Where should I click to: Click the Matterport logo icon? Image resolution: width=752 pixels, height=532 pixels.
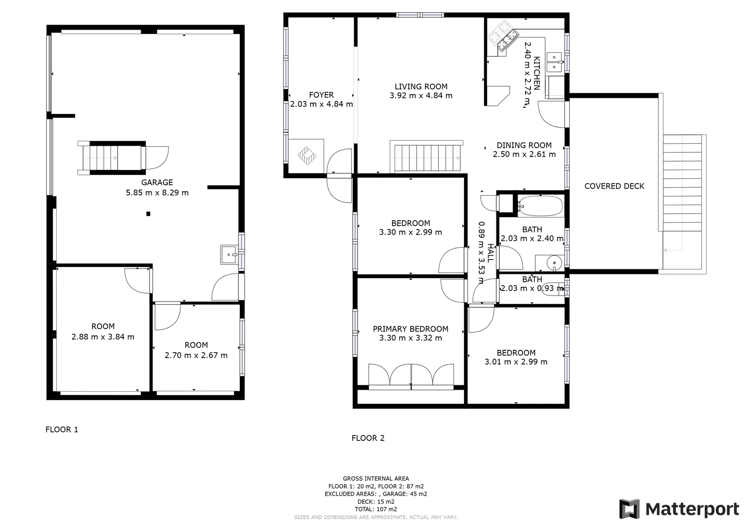click(x=629, y=509)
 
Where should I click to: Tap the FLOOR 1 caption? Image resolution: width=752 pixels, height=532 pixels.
click(x=62, y=430)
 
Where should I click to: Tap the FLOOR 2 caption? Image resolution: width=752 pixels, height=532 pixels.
click(x=368, y=438)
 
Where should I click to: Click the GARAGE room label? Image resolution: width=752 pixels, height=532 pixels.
click(x=157, y=182)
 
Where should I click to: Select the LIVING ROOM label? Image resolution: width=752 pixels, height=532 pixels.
click(x=421, y=87)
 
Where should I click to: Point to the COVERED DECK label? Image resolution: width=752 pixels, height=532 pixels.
click(x=614, y=186)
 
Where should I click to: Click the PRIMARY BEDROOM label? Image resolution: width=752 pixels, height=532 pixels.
click(x=410, y=329)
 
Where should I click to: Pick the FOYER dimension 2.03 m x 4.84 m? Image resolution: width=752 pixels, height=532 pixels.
click(x=322, y=104)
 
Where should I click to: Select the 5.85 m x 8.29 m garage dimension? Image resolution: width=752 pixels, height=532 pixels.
click(x=157, y=193)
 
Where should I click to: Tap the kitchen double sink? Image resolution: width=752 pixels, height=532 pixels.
click(x=555, y=61)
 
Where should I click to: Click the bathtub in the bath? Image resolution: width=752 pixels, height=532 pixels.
click(x=540, y=206)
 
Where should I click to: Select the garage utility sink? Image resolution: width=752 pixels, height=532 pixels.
click(x=229, y=255)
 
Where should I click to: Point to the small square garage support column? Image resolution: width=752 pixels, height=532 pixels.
click(x=148, y=214)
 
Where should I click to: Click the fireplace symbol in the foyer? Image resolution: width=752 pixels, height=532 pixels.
click(x=306, y=156)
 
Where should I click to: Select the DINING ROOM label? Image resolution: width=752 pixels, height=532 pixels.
click(x=524, y=145)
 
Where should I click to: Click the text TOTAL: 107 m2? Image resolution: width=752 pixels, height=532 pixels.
click(x=376, y=509)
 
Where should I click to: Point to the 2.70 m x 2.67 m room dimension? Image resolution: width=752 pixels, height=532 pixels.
click(x=196, y=356)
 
